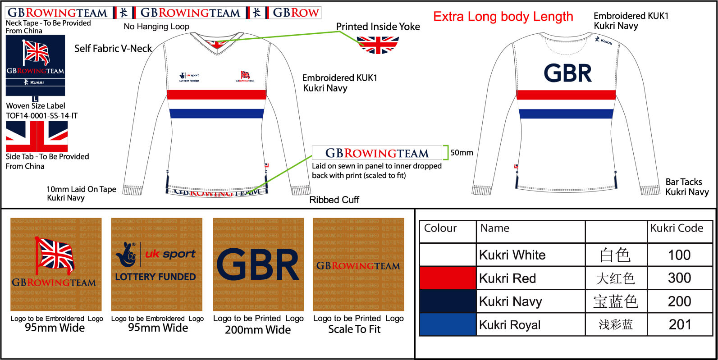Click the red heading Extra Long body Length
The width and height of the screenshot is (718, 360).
(503, 17)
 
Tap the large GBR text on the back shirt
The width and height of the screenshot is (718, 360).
(567, 73)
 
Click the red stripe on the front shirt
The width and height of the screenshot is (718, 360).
(217, 95)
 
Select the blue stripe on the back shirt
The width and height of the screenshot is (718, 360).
(566, 114)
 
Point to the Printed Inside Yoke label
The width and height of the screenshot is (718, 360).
(378, 27)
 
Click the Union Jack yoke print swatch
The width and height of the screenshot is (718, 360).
(378, 45)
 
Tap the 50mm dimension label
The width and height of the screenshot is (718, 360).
(462, 153)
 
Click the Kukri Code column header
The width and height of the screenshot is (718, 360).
(677, 228)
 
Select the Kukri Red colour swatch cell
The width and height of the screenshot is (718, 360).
(448, 278)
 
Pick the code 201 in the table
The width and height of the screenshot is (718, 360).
(679, 324)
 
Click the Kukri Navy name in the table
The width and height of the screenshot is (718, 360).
(510, 301)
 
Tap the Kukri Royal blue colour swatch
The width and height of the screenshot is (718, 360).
(448, 324)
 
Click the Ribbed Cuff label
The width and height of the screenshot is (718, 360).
(334, 200)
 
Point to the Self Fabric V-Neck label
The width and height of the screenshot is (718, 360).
(113, 49)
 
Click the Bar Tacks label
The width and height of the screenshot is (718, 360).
(683, 182)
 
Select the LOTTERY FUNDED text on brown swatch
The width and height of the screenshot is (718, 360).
(155, 277)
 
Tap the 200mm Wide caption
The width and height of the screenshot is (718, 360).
(258, 330)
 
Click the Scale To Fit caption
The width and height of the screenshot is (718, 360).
(354, 329)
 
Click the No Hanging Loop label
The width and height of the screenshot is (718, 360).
(156, 27)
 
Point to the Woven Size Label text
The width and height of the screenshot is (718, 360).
(36, 106)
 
